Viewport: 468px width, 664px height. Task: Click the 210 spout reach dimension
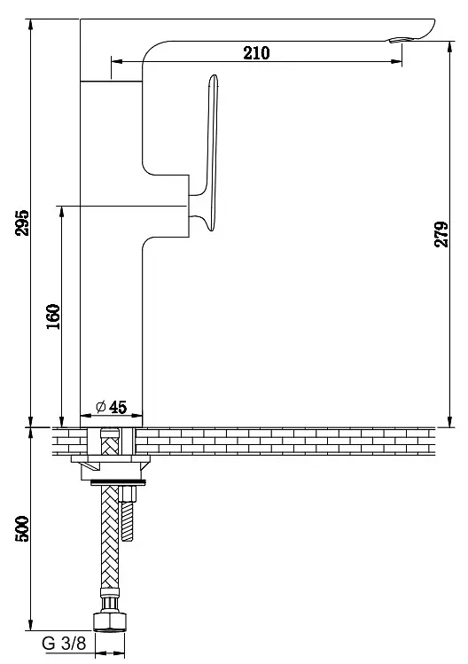256,53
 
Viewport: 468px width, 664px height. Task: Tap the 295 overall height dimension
22,223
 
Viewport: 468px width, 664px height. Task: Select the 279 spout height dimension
441,234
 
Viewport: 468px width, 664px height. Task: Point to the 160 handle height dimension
53,316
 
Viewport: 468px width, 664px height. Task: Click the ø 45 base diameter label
112,408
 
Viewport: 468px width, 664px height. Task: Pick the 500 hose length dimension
22,528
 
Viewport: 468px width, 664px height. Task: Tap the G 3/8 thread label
64,644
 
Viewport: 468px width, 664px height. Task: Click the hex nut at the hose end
110,621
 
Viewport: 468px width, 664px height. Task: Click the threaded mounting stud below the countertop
127,514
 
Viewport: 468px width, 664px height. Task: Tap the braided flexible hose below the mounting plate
110,536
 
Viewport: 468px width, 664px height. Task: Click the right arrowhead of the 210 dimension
397,61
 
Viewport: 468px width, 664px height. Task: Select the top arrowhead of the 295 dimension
30,25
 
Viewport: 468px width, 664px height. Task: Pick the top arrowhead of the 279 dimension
449,47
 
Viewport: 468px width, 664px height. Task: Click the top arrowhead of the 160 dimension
62,212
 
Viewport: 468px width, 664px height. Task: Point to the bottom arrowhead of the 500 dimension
30,625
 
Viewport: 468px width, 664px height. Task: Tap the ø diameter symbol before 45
101,408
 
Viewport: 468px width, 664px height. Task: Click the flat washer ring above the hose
118,482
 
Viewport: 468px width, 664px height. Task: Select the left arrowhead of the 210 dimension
116,61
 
